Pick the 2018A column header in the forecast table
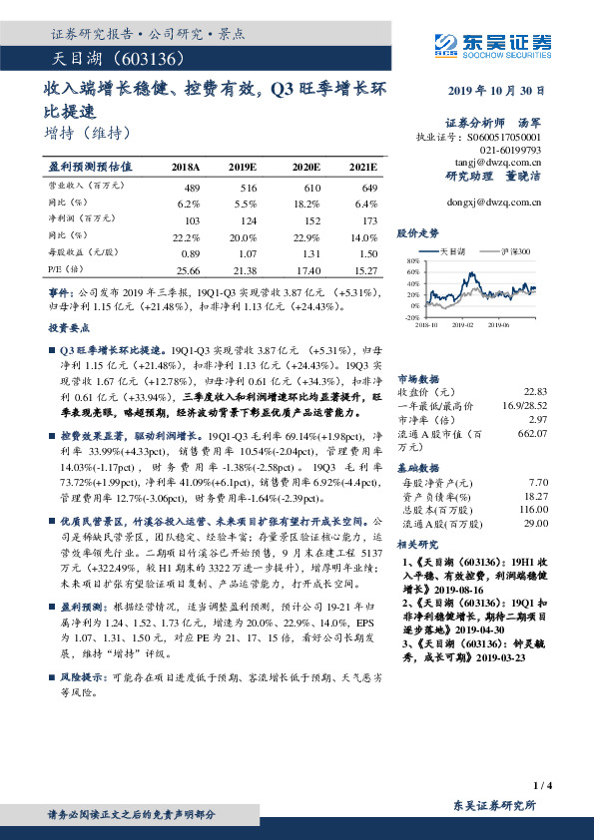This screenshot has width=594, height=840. (x=185, y=167)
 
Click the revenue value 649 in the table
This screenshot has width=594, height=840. (x=367, y=188)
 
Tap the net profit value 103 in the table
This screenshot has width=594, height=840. (x=193, y=219)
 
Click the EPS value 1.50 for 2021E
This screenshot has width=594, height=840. (x=366, y=253)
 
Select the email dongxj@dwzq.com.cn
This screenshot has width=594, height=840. (x=494, y=202)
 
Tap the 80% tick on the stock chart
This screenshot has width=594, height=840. (x=412, y=260)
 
